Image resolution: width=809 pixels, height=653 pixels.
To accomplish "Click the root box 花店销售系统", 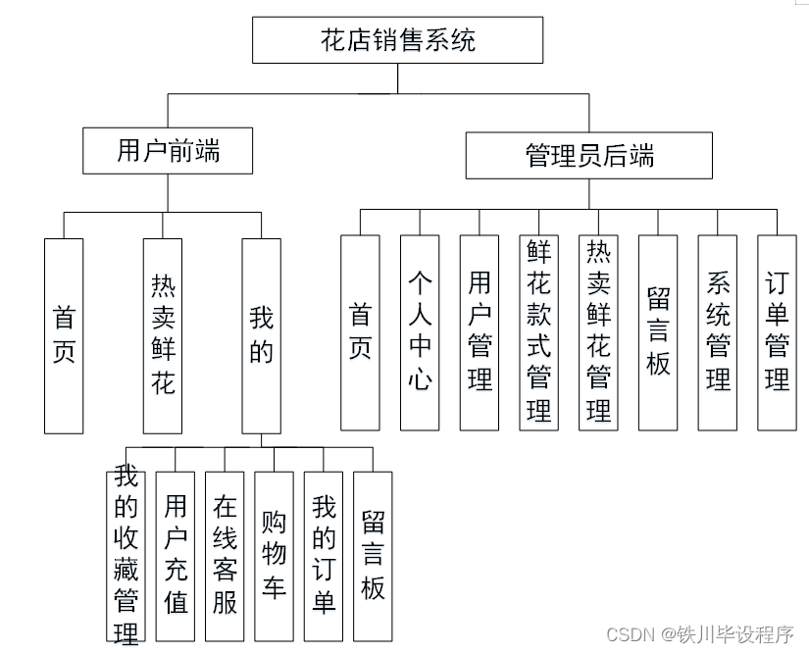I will coord(398,41).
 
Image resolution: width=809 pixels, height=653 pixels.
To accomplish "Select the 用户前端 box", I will coord(168,150).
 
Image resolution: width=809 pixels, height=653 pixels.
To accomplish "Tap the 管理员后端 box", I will coord(588,156).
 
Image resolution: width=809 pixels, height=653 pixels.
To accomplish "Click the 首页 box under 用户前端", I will coord(64,334).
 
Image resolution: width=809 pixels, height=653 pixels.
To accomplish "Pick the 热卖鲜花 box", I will coord(163,334).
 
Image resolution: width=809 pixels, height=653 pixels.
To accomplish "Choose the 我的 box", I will coord(261,334).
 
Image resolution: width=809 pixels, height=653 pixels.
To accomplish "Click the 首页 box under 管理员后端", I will coord(360,332).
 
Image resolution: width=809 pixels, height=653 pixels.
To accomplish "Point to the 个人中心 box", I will coord(420,332).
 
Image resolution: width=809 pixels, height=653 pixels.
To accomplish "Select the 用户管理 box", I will coord(480,332).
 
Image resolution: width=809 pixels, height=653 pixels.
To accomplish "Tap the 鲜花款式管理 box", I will coord(539,332).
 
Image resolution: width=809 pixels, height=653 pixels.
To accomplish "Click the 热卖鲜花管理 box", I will coord(598,332).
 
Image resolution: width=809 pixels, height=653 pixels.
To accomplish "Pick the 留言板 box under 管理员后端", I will coord(658,332).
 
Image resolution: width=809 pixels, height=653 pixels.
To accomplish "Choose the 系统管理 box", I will coord(718,332).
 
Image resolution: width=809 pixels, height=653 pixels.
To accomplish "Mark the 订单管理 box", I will coord(777,332).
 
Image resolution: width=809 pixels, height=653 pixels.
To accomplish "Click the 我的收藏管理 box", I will coord(126,556).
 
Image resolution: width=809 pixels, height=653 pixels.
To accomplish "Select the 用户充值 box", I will coord(176,556).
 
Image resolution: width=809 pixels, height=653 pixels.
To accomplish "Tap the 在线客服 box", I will coord(225,556).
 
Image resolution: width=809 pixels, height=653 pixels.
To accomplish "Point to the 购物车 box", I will coord(274,556).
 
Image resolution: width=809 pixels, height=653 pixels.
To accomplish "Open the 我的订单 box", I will coord(324,556).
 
